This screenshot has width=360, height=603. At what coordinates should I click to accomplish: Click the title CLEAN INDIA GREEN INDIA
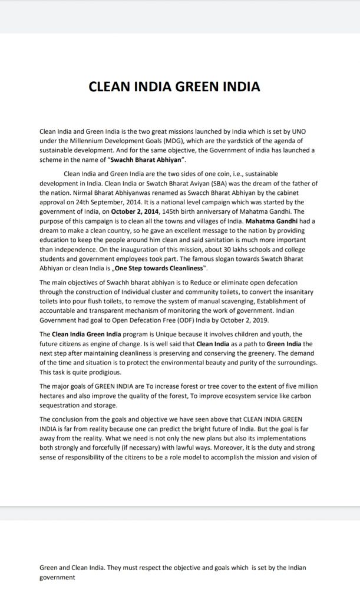[174, 87]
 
